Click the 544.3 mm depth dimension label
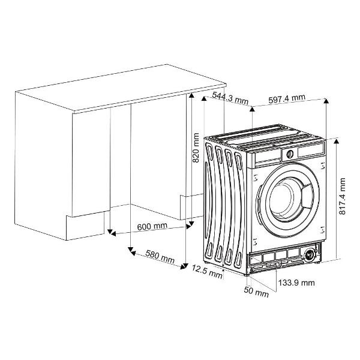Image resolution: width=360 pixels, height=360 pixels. coord(230,98)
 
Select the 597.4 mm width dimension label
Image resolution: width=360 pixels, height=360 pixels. coord(287,98)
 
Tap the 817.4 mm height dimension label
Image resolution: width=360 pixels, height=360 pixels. coord(342,196)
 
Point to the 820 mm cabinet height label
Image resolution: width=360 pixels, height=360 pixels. coord(196,148)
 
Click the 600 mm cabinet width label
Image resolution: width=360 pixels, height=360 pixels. coord(152,226)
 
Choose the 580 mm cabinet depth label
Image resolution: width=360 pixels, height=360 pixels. coord(160,256)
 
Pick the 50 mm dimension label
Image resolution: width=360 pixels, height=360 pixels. coord(256,292)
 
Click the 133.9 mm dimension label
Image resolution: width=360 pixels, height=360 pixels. coord(296,283)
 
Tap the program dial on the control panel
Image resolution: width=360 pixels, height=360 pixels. coord(290,154)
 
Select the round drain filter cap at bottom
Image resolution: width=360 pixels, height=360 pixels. coord(309,255)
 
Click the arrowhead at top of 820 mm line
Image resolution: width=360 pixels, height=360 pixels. coord(191,95)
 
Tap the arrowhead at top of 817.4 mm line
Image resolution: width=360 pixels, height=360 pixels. coord(337,141)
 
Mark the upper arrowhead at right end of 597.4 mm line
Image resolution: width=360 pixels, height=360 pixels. coord(326,101)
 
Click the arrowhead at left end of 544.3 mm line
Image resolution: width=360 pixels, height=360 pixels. coord(204,98)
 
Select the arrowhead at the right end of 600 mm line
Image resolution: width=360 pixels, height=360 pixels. coord(188,226)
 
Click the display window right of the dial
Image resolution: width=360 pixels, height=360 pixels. coord(311,151)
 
